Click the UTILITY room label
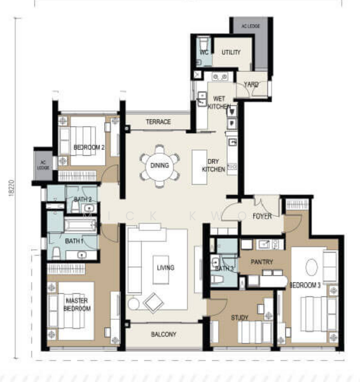231,52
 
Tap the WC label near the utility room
204,52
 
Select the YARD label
252,84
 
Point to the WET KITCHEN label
218,103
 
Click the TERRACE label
158,122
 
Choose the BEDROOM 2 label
88,147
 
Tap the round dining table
157,166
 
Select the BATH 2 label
82,201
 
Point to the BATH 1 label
73,241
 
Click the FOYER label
262,216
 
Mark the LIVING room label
165,268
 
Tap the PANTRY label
261,261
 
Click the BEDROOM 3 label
305,285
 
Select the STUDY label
240,317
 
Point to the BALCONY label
163,334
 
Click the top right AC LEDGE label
249,26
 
